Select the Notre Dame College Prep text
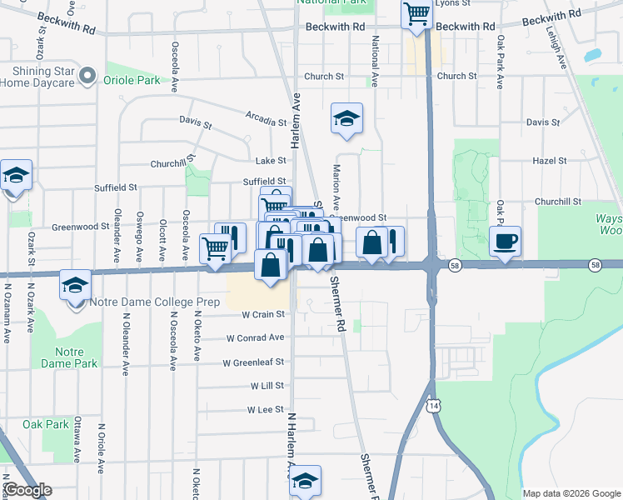tap(152, 302)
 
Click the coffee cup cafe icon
tap(505, 242)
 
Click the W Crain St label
tap(263, 314)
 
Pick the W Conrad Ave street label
tap(255, 338)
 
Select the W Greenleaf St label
tap(253, 362)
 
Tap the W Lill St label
tap(267, 387)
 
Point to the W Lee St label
tap(266, 410)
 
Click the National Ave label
tap(376, 62)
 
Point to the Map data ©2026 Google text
tap(571, 493)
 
